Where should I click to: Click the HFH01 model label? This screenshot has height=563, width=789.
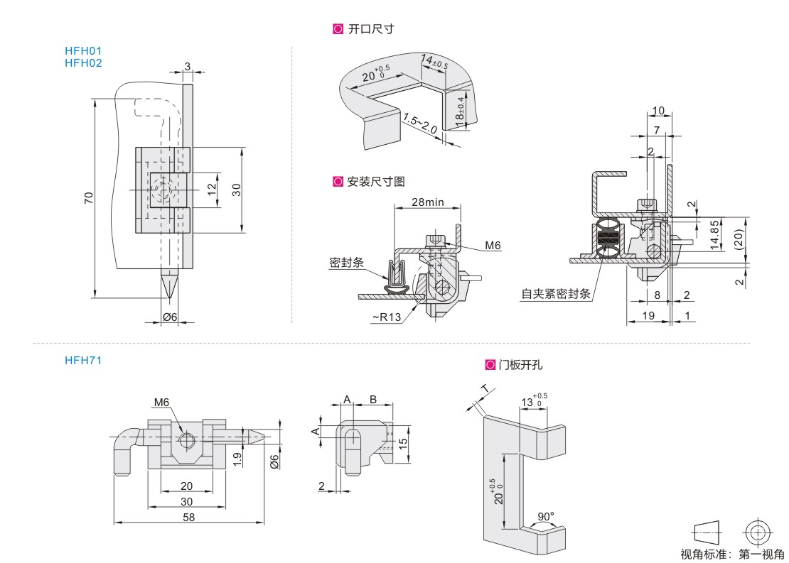83,51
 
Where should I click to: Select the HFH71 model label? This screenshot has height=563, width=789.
83,361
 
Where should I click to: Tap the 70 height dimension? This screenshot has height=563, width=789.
89,198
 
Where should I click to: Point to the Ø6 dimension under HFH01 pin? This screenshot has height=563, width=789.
170,317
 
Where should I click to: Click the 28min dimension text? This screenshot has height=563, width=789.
428,202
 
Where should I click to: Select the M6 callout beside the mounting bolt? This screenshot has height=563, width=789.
493,246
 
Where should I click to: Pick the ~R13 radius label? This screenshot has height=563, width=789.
386,317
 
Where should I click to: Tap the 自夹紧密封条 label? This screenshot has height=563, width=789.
556,293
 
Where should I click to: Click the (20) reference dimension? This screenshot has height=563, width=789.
739,240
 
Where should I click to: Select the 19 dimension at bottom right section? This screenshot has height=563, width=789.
647,315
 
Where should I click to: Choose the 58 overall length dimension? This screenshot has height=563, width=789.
189,518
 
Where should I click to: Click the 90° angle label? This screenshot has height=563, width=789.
547,516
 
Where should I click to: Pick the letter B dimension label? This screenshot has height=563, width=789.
372,400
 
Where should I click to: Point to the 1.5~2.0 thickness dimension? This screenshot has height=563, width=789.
419,124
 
